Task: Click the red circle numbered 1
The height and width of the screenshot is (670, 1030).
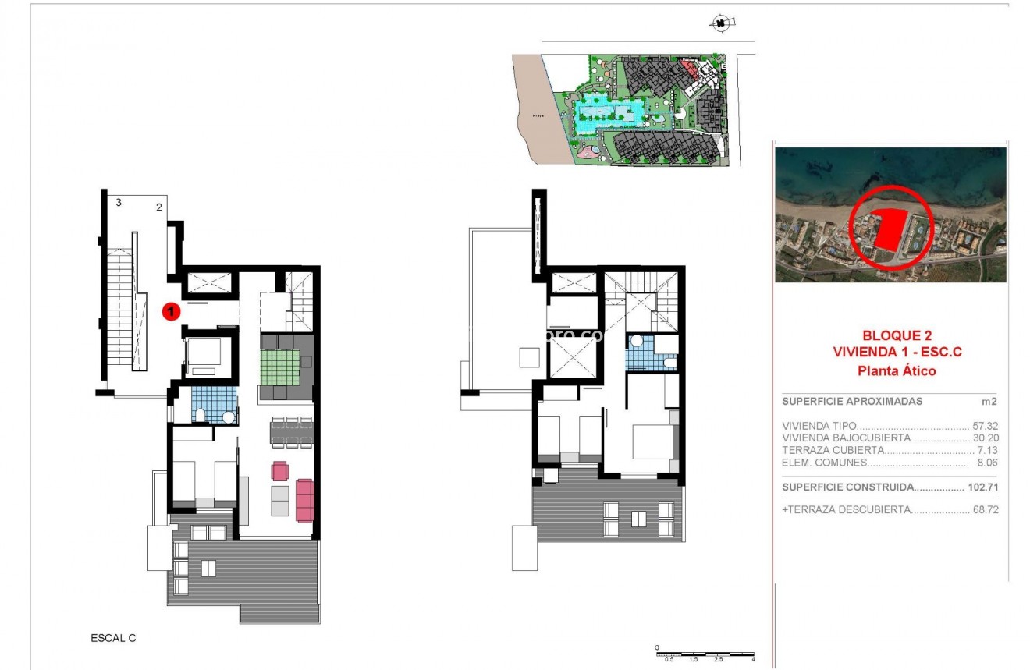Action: click(x=171, y=311)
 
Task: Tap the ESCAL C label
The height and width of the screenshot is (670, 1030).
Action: click(x=113, y=638)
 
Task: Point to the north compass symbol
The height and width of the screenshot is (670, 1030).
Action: click(x=722, y=24)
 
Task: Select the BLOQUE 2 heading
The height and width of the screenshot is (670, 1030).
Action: click(x=897, y=335)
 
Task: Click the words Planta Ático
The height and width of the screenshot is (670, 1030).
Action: click(x=897, y=371)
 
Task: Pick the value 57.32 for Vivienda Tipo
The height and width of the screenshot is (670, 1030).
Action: click(x=986, y=426)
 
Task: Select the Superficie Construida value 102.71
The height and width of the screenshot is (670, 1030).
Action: click(x=982, y=487)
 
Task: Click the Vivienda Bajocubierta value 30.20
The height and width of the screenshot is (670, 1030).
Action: click(x=986, y=438)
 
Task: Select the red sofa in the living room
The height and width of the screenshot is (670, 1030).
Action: click(x=304, y=500)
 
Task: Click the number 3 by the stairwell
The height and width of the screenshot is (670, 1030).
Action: click(x=119, y=203)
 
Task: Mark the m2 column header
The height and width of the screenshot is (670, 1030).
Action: click(x=989, y=402)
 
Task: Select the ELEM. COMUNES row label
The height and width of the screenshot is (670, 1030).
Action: click(x=825, y=463)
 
